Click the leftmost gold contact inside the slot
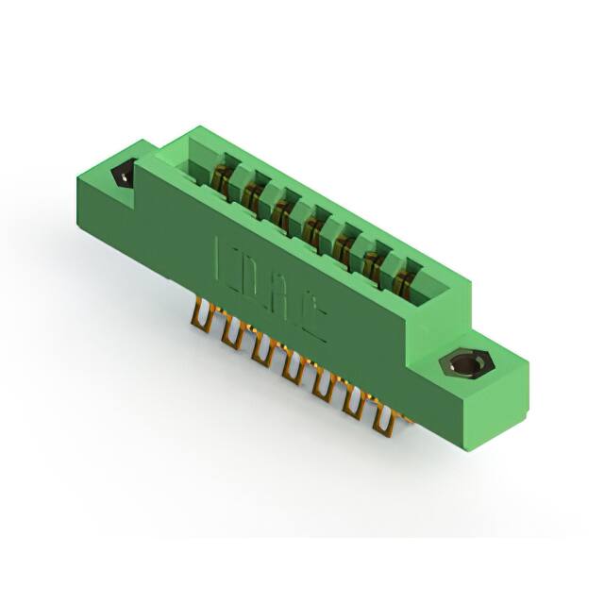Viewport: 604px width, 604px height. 222,176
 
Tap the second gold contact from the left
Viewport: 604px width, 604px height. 252,193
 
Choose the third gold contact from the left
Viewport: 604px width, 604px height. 282,208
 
